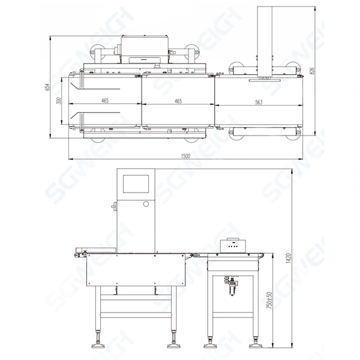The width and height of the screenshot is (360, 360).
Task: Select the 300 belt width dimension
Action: coord(59,100)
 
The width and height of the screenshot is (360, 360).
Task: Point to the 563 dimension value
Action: coord(259,102)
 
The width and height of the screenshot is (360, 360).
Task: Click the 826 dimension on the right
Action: coord(311,71)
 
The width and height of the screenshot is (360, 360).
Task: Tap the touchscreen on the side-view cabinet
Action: coord(137,183)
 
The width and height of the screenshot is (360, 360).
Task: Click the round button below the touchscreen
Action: coord(146,205)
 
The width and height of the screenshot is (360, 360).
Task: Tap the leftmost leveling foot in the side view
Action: coord(97,345)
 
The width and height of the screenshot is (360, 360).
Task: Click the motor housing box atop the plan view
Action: coord(144,47)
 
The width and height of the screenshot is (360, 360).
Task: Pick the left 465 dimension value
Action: coord(105,100)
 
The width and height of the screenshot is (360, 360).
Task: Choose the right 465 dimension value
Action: coord(178,100)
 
